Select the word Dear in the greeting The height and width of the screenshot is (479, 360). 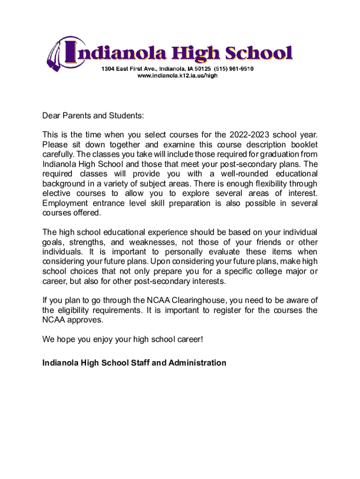pyautogui.click(x=51, y=116)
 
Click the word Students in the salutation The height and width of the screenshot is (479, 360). pyautogui.click(x=126, y=116)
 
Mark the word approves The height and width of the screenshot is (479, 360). pyautogui.click(x=85, y=320)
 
